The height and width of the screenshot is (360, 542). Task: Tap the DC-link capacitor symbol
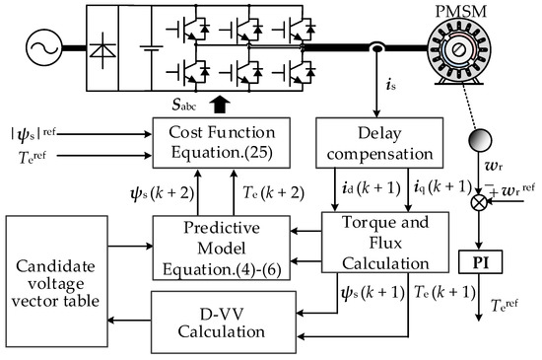coord(149,48)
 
